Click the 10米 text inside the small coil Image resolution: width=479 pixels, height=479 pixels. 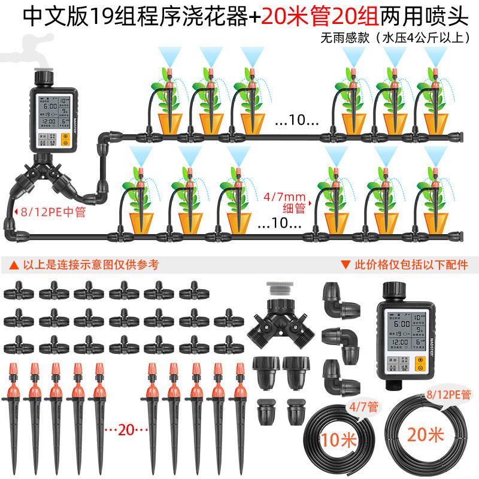(339, 441)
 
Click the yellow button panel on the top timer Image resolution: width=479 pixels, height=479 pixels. (66, 140)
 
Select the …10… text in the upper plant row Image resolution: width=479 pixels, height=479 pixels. (297, 120)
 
